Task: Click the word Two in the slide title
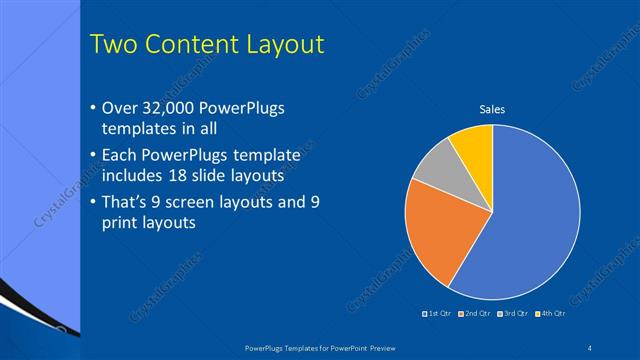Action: (112, 44)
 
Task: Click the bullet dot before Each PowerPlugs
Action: (93, 156)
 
